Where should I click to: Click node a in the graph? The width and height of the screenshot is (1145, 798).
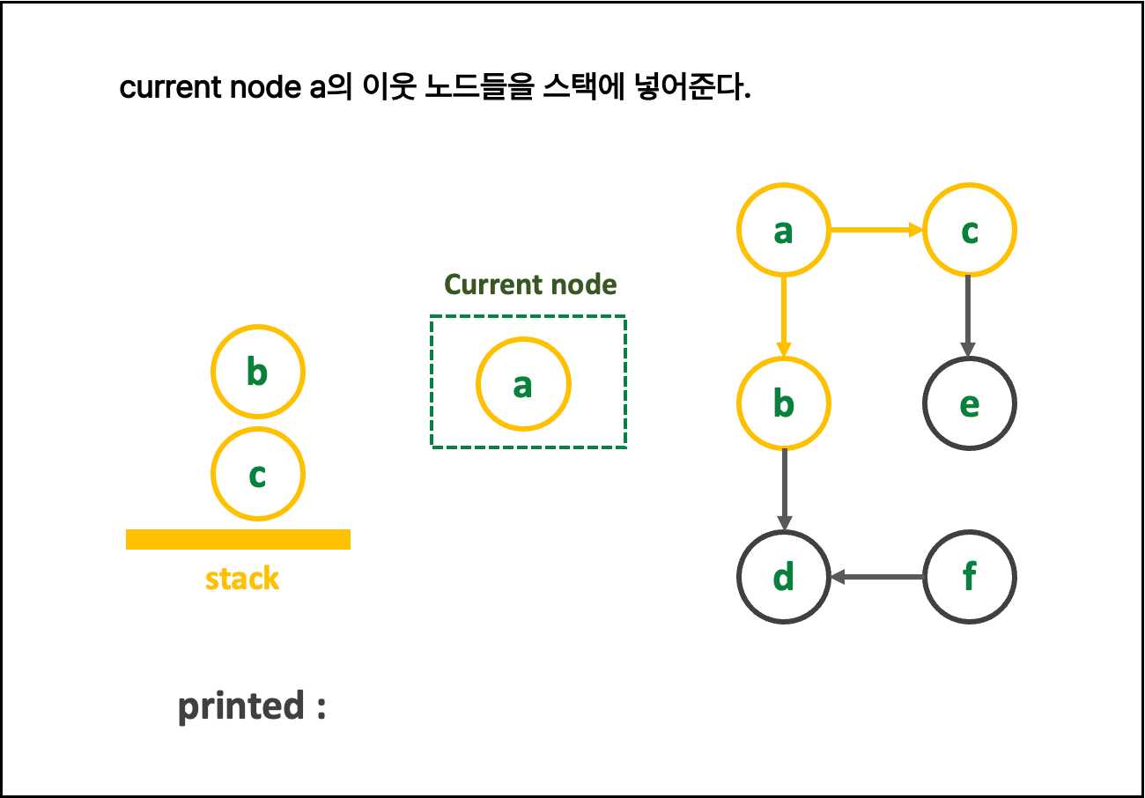coord(783,230)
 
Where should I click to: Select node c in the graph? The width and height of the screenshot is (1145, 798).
coord(969,230)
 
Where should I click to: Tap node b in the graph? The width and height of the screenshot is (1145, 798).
coord(783,403)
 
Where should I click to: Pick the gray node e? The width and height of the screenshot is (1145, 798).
coord(969,403)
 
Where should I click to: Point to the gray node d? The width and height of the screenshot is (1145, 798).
coord(783,577)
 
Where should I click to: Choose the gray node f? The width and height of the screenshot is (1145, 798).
coord(969,577)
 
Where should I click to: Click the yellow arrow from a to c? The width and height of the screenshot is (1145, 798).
coord(875,230)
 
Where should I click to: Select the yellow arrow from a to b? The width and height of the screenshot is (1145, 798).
coord(783,316)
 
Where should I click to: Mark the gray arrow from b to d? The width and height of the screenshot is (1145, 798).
coord(783,490)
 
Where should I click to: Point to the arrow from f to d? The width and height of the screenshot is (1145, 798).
coord(876,577)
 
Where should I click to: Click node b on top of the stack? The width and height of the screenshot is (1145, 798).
coord(257,372)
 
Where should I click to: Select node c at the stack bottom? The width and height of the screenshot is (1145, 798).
coord(257,474)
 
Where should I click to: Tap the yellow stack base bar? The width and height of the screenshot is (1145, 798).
coord(238,539)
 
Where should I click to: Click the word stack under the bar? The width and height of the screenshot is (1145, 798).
coord(242,579)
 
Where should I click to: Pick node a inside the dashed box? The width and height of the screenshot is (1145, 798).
coord(523,384)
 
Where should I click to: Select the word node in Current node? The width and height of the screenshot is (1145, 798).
coord(584,284)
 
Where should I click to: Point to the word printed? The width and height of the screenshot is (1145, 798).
coord(241,706)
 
